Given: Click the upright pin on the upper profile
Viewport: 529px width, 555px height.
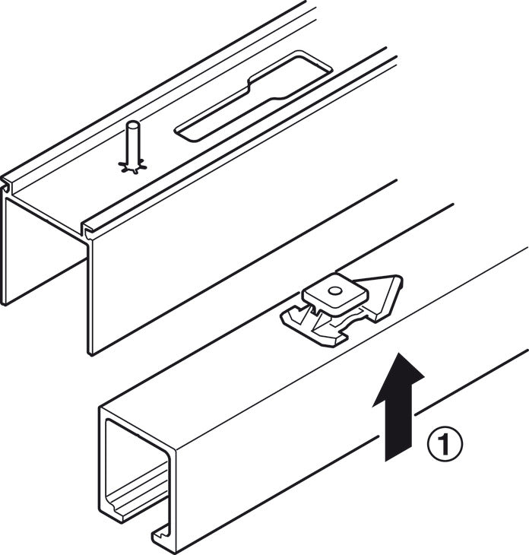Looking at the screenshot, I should (133, 144).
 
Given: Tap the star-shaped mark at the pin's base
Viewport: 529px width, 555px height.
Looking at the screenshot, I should (134, 165).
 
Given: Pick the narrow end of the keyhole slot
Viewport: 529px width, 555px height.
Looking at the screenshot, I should (213, 122).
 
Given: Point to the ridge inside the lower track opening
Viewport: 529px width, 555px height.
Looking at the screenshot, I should (141, 498).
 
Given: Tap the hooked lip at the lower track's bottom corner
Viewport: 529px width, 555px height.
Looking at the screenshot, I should (163, 536).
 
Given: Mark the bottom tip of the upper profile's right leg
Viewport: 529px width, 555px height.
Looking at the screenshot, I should (90, 350).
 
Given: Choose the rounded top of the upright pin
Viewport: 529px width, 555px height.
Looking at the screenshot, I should (133, 125).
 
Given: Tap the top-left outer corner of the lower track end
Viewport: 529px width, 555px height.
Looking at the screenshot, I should (102, 411).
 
